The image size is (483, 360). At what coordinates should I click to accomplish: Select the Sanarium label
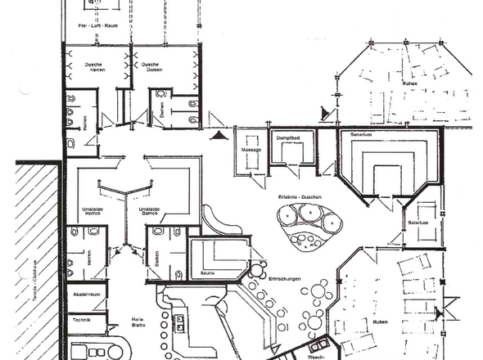[362, 133]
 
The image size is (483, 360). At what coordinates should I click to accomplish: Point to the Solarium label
[418, 221]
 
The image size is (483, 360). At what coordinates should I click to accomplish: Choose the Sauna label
[207, 272]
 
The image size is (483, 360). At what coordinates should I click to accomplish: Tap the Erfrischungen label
[285, 280]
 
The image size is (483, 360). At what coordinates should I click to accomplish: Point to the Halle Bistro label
[138, 322]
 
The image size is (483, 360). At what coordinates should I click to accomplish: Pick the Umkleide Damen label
[148, 211]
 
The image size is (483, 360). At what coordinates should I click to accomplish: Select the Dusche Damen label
[150, 68]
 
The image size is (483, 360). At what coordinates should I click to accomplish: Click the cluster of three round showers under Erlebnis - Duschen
[310, 218]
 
